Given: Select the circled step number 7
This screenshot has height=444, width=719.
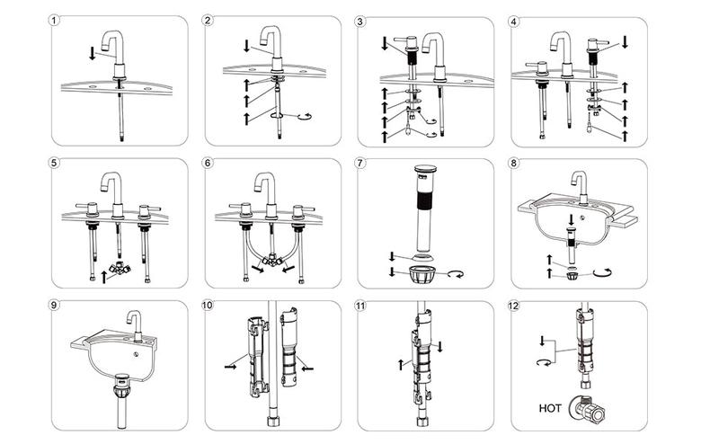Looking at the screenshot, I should [x=361, y=164].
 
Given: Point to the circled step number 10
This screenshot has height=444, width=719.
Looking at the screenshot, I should [x=209, y=306].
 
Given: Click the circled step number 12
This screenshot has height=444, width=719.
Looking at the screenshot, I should [x=516, y=306].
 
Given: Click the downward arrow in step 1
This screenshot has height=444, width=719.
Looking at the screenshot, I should [x=91, y=54].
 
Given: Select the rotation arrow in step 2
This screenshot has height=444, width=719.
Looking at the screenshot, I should [x=302, y=115].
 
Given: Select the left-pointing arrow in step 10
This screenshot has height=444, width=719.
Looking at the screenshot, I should [x=307, y=367].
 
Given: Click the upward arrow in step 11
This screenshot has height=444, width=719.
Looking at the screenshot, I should [x=398, y=364].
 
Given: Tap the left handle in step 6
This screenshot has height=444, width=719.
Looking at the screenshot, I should [x=242, y=209].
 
